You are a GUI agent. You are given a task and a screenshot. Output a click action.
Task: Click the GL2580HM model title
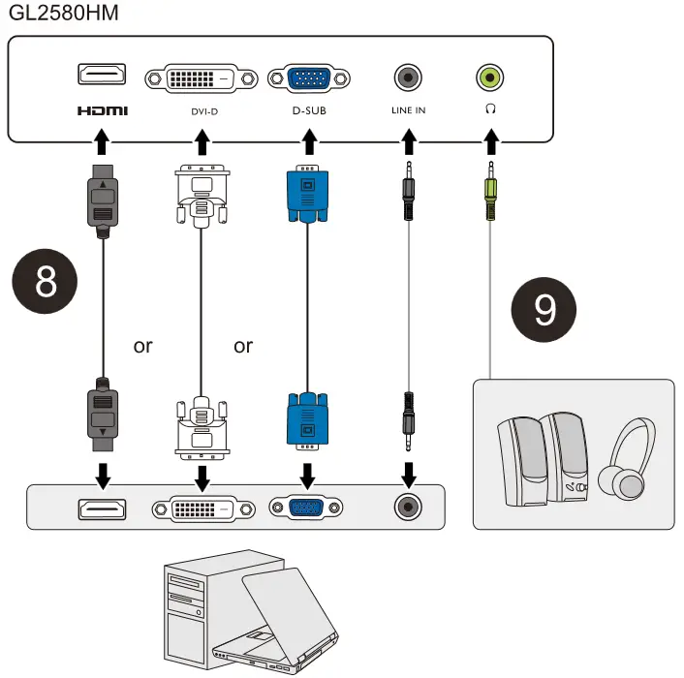pos(64,13)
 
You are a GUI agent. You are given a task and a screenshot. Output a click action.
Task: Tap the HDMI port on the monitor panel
pos(102,74)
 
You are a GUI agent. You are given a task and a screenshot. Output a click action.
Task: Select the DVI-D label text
pos(204,111)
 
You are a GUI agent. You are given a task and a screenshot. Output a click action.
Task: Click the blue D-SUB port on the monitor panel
pos(309,78)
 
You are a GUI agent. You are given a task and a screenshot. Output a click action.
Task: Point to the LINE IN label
pos(408,110)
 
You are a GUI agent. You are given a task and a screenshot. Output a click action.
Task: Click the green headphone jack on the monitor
pos(490,77)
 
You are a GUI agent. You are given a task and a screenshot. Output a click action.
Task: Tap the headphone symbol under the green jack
pos(490,108)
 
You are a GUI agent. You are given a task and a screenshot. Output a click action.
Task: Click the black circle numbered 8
pos(45,281)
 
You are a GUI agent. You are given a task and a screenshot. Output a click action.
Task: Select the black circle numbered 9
pos(544,310)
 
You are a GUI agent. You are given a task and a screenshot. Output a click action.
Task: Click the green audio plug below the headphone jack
pos(491,191)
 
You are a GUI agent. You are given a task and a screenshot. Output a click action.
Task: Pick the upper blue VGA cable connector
pos(307,194)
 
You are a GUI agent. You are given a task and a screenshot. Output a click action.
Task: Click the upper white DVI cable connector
pos(202,197)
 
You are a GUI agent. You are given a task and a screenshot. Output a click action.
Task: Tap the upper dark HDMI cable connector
pos(103,201)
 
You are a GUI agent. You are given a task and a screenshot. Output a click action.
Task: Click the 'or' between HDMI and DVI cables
pos(143,346)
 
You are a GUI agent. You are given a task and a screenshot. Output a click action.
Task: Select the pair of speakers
pos(543,459)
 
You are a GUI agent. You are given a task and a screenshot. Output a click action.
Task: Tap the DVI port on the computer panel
pos(203,508)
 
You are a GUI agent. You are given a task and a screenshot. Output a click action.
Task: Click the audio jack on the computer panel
pos(408,507)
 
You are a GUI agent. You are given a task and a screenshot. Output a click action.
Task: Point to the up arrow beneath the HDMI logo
pos(102,141)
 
